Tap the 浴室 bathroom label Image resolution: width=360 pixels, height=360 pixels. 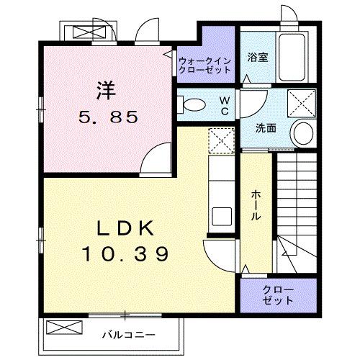tap(258, 58)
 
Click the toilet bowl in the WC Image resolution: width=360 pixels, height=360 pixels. tap(192, 105)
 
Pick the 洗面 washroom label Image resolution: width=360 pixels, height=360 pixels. tap(266, 129)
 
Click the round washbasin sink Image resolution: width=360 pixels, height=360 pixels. tap(303, 132)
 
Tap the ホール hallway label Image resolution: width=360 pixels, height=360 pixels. tap(256, 206)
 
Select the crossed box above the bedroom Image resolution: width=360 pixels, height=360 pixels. tap(89, 32)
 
